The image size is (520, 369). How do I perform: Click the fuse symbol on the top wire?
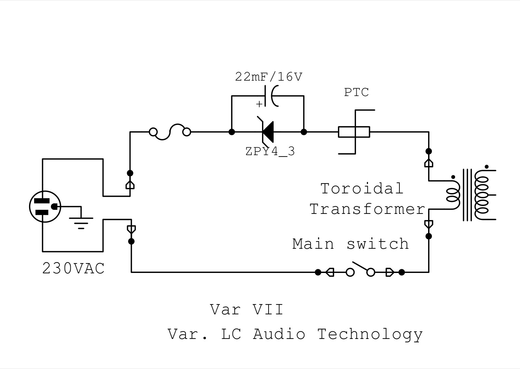[170, 132]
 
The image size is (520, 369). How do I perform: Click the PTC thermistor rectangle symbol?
[354, 132]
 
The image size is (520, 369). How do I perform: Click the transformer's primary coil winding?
[453, 195]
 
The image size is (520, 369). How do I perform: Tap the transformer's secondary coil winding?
[482, 195]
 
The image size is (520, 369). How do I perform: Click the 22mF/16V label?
[269, 77]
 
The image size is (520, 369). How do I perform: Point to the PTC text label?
[356, 92]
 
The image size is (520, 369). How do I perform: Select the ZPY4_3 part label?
[270, 151]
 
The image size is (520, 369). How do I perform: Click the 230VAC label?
[73, 269]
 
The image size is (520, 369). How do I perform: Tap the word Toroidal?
[362, 188]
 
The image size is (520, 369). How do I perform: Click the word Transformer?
[367, 209]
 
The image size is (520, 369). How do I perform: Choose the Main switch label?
[351, 244]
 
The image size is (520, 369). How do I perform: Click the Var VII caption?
[247, 310]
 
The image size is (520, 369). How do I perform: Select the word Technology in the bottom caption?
[370, 335]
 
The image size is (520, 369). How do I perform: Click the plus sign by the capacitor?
[259, 104]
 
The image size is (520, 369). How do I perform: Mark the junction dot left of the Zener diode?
[232, 132]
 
